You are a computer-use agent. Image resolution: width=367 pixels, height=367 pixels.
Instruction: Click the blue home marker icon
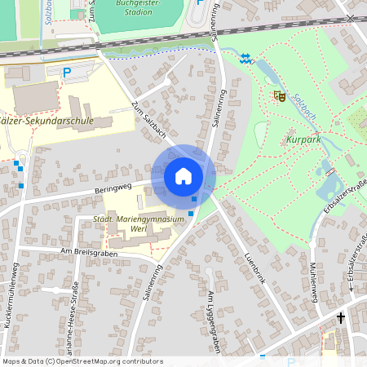pos(183,176)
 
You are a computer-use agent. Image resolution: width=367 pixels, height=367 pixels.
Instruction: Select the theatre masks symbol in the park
pos(279,96)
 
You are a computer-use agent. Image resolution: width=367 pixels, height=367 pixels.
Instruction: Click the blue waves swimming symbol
pos(245,57)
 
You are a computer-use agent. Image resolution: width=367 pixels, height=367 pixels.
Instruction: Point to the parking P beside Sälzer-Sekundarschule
pos(68,73)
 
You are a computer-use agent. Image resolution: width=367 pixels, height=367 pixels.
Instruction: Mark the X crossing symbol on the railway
pos(351,18)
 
